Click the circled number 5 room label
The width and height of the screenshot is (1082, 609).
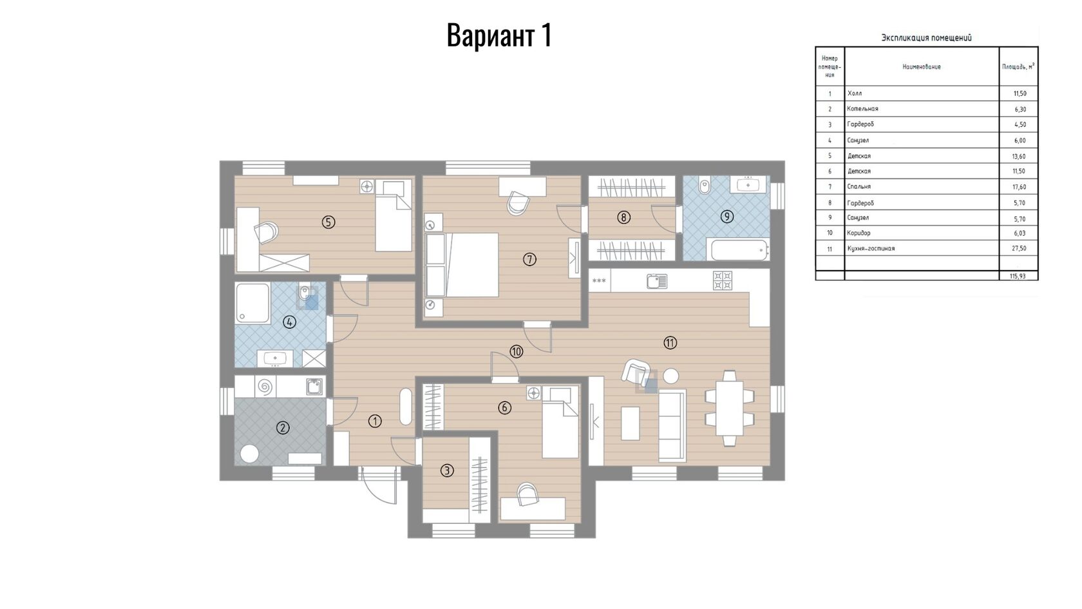(x=328, y=222)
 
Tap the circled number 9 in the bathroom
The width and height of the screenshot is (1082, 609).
(x=727, y=217)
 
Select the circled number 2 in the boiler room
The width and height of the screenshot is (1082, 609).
(x=283, y=427)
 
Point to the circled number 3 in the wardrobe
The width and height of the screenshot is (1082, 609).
(x=447, y=470)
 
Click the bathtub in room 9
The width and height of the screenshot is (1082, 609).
(x=739, y=250)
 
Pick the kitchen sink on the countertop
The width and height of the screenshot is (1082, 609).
(x=658, y=281)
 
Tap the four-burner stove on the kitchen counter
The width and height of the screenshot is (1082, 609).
(x=723, y=280)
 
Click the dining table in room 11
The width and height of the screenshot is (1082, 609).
(x=729, y=409)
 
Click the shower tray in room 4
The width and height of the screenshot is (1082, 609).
(x=252, y=303)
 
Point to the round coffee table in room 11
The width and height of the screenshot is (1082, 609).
(x=670, y=376)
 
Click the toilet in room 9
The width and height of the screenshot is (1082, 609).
(x=705, y=185)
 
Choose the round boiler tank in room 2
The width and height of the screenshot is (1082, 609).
(x=250, y=454)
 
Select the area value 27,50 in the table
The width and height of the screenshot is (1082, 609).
(x=1019, y=249)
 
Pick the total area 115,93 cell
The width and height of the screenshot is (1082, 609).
(x=1018, y=276)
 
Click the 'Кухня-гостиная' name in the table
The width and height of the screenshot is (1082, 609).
(x=871, y=249)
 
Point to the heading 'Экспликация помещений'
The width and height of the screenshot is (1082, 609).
(x=926, y=37)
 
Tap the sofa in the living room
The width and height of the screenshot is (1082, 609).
(x=672, y=427)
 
